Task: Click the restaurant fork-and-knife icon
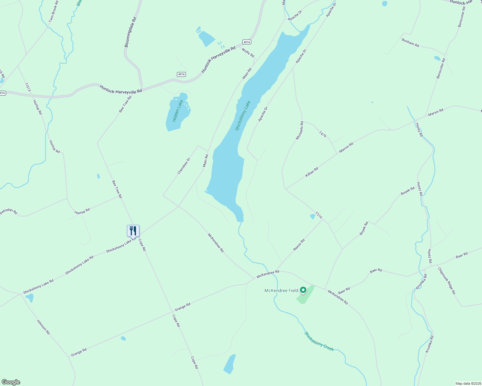[133, 230]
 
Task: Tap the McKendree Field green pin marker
[303, 290]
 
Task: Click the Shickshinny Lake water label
[243, 115]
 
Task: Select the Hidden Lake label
[178, 110]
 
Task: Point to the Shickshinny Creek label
[319, 341]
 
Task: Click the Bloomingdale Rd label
[130, 32]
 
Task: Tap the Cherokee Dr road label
[184, 166]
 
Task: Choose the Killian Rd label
[312, 172]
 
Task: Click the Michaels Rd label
[300, 130]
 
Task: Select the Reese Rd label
[299, 245]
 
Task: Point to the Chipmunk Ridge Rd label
[447, 280]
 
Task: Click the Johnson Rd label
[43, 327]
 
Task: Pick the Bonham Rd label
[410, 43]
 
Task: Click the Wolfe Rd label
[248, 53]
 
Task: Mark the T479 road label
[323, 134]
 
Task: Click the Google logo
[11, 382]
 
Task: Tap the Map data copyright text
[468, 383]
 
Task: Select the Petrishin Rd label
[9, 212]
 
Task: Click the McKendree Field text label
[281, 290]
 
